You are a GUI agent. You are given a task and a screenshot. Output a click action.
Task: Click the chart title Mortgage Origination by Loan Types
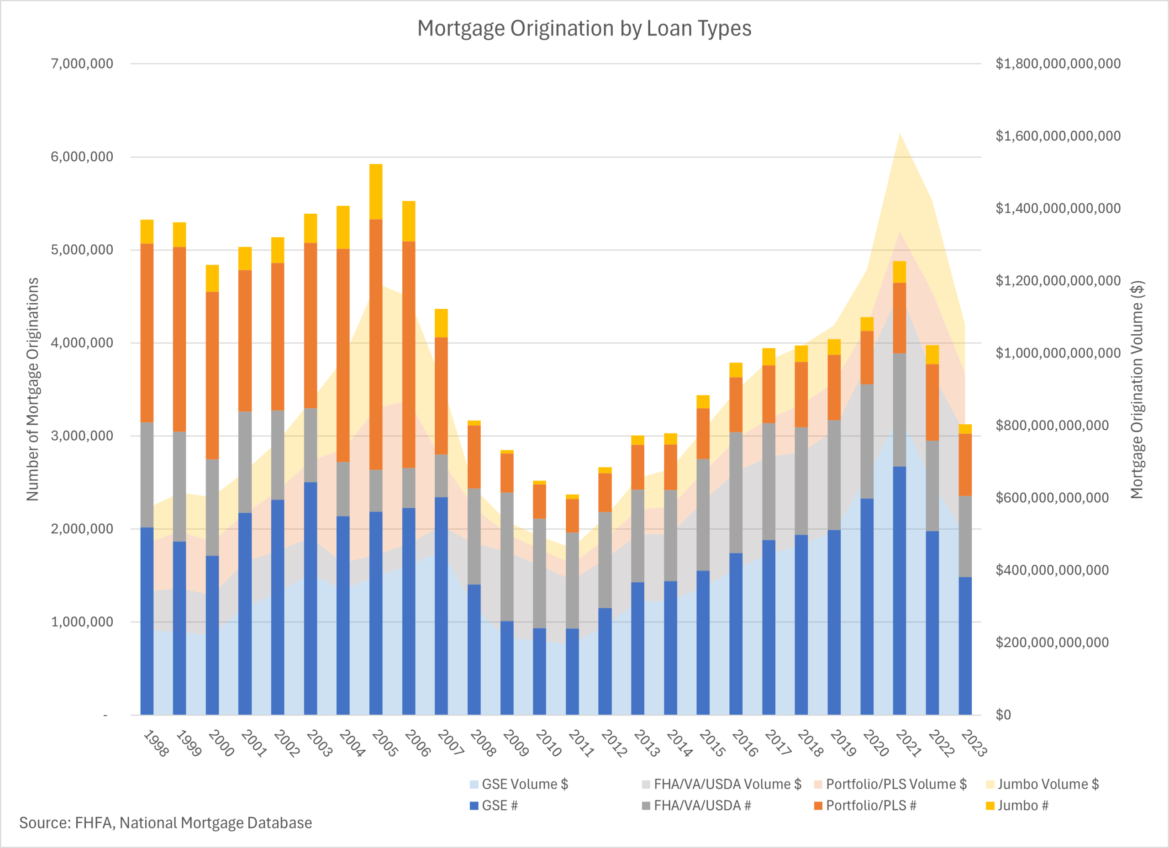[584, 28]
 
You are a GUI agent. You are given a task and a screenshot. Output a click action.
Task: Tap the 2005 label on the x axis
[384, 743]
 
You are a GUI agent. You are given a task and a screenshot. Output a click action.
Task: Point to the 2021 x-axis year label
[908, 743]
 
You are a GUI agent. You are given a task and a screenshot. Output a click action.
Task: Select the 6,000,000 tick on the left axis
[82, 157]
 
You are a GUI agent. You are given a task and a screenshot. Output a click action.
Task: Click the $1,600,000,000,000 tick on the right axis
[1058, 136]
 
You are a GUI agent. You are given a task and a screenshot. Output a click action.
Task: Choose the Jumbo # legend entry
[1022, 805]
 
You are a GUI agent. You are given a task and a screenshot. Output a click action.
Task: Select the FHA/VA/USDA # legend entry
[702, 805]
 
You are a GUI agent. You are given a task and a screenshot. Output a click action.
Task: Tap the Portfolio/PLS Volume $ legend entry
[896, 784]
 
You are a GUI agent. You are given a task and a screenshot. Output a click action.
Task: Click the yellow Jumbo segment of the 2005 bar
[376, 192]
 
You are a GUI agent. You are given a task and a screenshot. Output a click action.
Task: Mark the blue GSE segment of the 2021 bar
[900, 590]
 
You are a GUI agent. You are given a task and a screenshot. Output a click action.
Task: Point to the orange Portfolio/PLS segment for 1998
[147, 332]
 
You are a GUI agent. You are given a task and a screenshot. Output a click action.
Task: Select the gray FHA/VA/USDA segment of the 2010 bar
[539, 573]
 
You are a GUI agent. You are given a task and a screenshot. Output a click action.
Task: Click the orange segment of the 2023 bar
[965, 464]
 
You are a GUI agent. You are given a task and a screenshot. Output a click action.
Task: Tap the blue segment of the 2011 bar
[572, 671]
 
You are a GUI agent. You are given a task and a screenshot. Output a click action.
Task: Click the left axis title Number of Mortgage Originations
[33, 389]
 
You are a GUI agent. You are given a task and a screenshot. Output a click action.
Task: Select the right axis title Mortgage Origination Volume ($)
[1137, 389]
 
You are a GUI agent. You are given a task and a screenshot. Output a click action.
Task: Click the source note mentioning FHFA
[165, 823]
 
